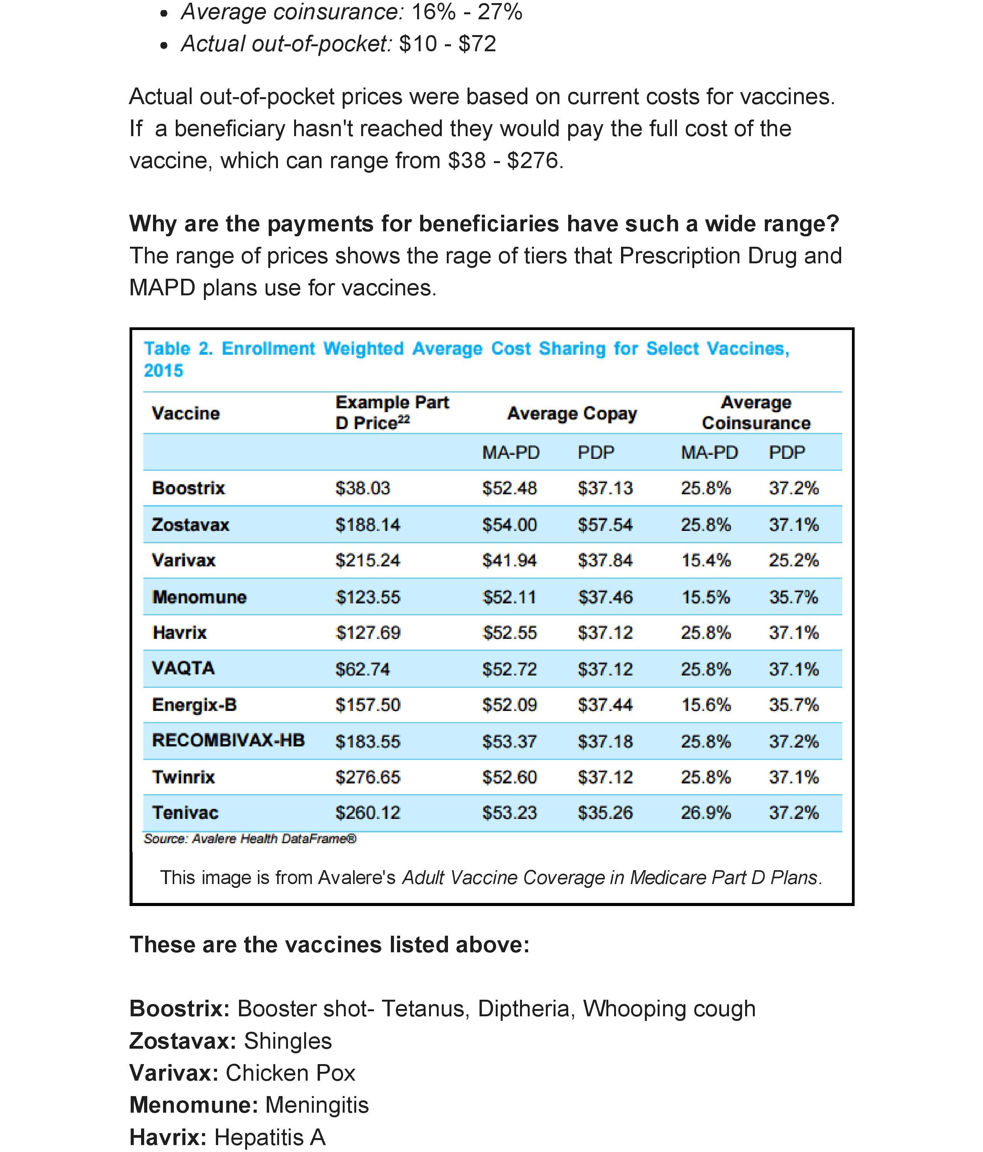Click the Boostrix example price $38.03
click(362, 488)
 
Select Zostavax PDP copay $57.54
click(605, 525)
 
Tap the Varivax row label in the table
click(183, 561)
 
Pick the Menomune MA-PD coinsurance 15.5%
click(705, 597)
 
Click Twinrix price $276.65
click(367, 777)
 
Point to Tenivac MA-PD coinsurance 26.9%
click(705, 813)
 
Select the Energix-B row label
click(194, 705)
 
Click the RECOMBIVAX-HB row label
click(228, 741)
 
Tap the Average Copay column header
click(572, 414)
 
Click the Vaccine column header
click(186, 414)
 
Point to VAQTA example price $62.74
click(362, 669)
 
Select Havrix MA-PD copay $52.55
click(509, 633)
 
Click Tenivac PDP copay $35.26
click(605, 813)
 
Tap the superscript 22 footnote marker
click(404, 420)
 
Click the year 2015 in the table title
click(163, 371)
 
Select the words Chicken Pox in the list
click(290, 1073)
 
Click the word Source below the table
click(165, 839)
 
